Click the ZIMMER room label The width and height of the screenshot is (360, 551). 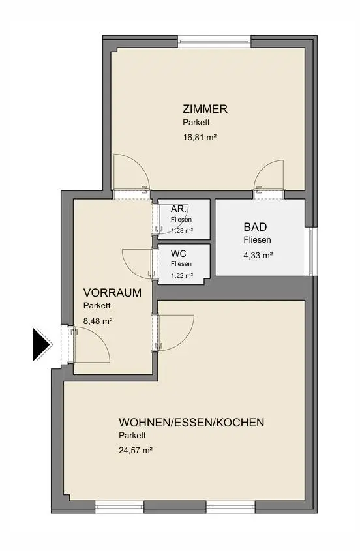pyautogui.click(x=205, y=109)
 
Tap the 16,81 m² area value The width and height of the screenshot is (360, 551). pyautogui.click(x=200, y=137)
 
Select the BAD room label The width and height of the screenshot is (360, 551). pyautogui.click(x=255, y=227)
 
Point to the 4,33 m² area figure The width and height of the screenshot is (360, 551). pyautogui.click(x=258, y=255)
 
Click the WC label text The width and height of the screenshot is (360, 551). pyautogui.click(x=179, y=254)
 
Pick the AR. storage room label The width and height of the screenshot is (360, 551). pyautogui.click(x=178, y=209)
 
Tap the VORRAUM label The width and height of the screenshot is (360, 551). pyautogui.click(x=112, y=292)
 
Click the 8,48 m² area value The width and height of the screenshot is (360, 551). pyautogui.click(x=98, y=321)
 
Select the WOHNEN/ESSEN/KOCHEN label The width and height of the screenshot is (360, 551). pyautogui.click(x=192, y=422)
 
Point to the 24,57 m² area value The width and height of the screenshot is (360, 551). pyautogui.click(x=136, y=450)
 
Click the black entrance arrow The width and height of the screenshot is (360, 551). pyautogui.click(x=42, y=344)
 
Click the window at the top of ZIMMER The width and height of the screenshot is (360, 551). pyautogui.click(x=214, y=41)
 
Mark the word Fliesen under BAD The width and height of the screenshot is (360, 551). pyautogui.click(x=258, y=240)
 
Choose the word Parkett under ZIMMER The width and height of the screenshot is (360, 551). pyautogui.click(x=196, y=123)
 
